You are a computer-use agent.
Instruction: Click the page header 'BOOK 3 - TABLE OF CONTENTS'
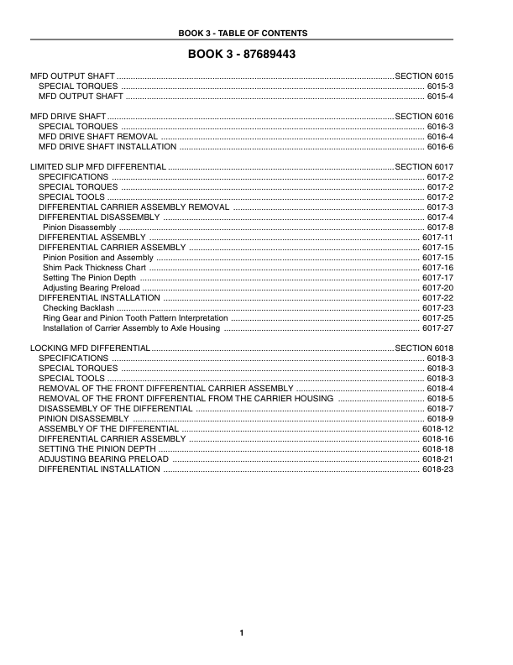pos(243,34)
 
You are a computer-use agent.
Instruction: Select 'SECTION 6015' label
pos(424,76)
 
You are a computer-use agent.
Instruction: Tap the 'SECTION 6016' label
pos(424,116)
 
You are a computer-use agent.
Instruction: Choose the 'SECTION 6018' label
pos(424,348)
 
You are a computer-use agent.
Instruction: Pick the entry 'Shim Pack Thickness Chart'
pos(95,268)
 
